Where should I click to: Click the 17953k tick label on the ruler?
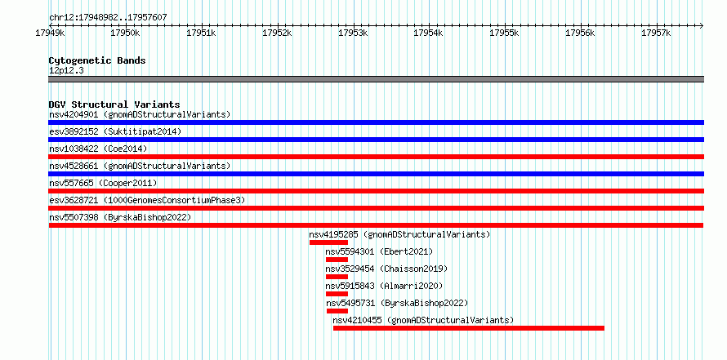point(353,33)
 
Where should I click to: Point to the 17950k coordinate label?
point(125,33)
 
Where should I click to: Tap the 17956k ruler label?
point(581,33)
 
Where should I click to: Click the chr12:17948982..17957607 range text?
point(108,18)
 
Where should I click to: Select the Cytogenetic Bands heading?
point(97,60)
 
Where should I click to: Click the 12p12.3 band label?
point(66,71)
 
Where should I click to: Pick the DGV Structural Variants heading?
point(114,104)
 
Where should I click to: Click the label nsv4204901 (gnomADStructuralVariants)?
point(140,114)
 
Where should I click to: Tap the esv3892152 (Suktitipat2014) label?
point(115,131)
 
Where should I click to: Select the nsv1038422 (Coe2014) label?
point(98,149)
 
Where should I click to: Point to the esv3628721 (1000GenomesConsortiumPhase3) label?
point(147,200)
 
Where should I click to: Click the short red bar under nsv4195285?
point(328,242)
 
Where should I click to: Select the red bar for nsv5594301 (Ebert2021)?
point(337,260)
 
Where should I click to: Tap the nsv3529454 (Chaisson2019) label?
point(386,269)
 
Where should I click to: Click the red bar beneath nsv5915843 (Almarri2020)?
point(337,294)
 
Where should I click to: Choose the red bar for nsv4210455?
point(469,328)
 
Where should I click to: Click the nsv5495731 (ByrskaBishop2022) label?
point(397,303)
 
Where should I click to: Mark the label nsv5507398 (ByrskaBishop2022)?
point(120,217)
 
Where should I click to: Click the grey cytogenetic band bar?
point(376,79)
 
